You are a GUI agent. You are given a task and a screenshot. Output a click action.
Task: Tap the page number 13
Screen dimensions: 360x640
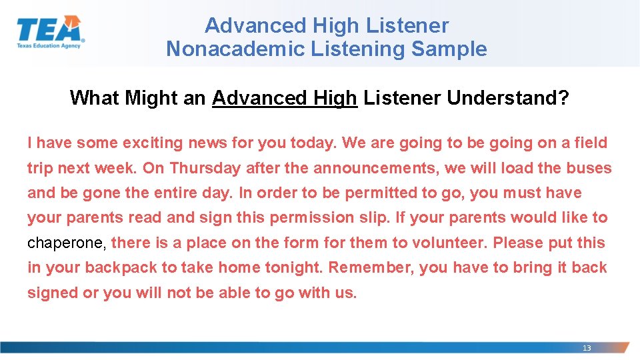coord(587,348)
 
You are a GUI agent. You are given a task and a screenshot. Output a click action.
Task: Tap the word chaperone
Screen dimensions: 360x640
coord(66,243)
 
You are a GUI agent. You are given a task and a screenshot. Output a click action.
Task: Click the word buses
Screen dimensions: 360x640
coord(589,168)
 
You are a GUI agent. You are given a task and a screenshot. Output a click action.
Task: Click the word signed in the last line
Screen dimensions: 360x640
coord(51,293)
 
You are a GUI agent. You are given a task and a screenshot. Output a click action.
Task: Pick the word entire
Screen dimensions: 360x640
coord(189,193)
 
